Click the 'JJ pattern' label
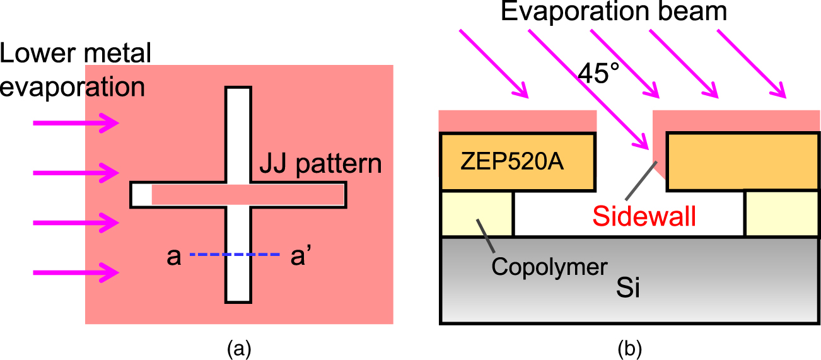[x=320, y=165]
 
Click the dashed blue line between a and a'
[x=234, y=255]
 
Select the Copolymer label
[x=549, y=267]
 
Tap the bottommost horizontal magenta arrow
[x=76, y=272]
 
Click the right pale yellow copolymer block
[x=782, y=214]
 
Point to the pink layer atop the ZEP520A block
[x=517, y=120]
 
